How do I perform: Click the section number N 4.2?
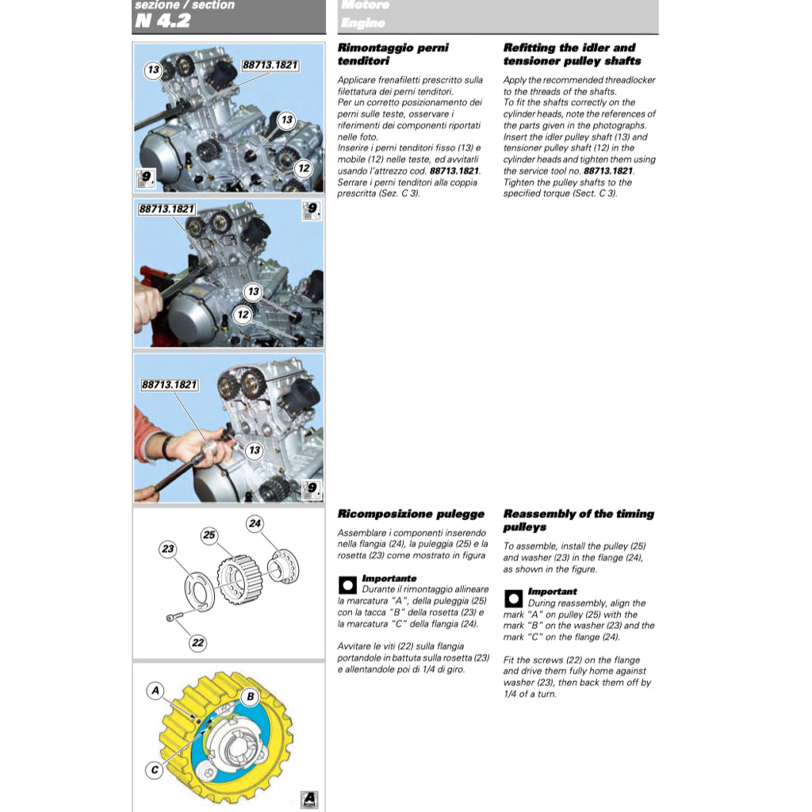click(x=163, y=21)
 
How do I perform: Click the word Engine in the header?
click(x=363, y=22)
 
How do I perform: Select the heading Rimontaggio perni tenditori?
click(x=393, y=54)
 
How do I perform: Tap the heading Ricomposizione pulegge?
click(x=411, y=514)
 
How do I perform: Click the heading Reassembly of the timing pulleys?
click(x=578, y=520)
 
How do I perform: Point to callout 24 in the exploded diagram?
click(x=255, y=523)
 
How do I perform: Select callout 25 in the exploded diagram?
click(x=209, y=535)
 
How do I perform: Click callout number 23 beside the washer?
click(x=167, y=549)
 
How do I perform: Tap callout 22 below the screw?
click(x=197, y=643)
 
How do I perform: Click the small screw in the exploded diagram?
click(x=174, y=617)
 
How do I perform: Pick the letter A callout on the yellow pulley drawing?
click(x=156, y=691)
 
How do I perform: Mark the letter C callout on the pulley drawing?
click(x=155, y=769)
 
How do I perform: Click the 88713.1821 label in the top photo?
click(x=270, y=65)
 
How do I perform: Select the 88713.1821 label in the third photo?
click(x=169, y=385)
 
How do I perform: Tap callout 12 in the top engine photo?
click(x=304, y=168)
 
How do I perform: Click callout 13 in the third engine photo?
click(x=254, y=450)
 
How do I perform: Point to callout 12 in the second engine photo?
click(x=243, y=315)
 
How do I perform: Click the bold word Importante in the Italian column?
click(x=389, y=579)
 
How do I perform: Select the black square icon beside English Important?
click(x=513, y=598)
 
